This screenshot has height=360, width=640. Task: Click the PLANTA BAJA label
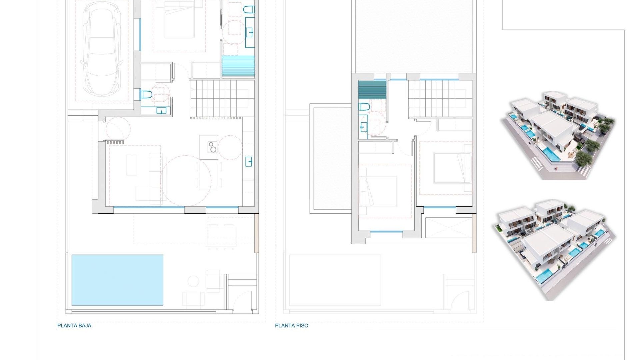(74, 326)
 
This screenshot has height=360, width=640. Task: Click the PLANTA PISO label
(291, 326)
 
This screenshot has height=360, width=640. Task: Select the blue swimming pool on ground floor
(117, 280)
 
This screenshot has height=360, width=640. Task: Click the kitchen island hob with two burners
(212, 147)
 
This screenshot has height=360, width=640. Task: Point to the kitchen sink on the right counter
(249, 162)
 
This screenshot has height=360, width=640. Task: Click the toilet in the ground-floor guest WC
(146, 95)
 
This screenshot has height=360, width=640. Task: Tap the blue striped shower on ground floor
(238, 66)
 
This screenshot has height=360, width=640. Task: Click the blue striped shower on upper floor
(372, 90)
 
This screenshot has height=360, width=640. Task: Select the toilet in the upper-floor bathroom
(364, 107)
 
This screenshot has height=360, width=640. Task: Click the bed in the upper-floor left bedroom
(378, 192)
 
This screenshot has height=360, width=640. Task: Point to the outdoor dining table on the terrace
(221, 232)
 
